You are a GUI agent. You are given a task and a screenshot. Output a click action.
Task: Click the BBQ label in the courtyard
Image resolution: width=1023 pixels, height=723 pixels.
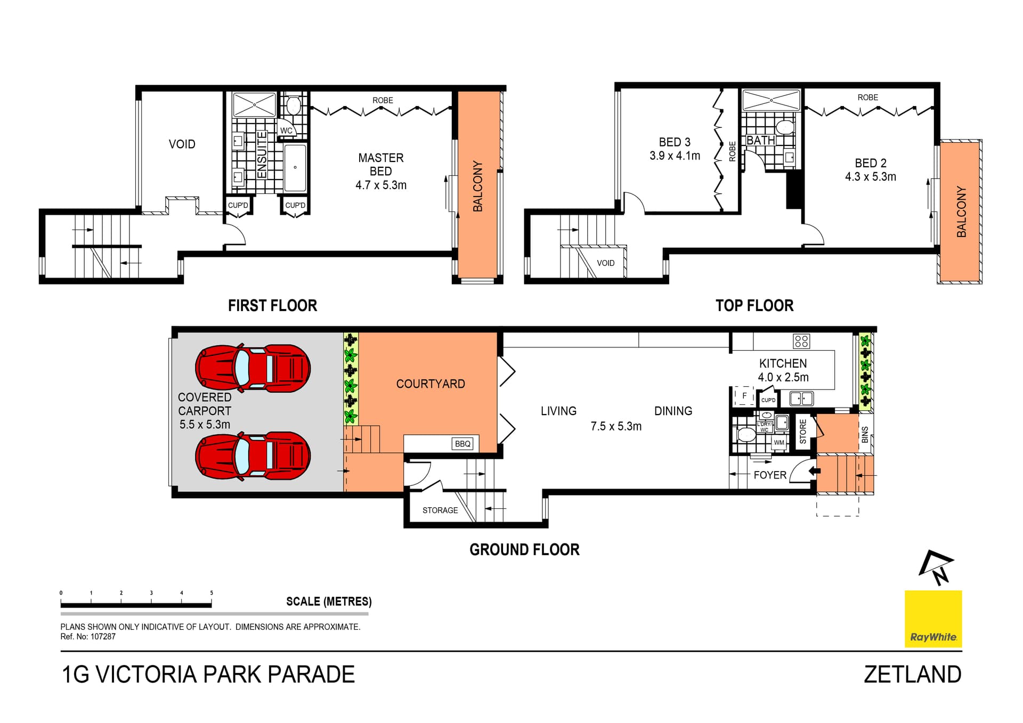pos(462,443)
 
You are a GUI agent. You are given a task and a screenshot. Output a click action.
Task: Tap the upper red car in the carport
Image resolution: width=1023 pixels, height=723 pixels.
pos(253,368)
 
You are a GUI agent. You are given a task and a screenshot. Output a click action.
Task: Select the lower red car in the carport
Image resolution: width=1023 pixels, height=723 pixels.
pos(253,456)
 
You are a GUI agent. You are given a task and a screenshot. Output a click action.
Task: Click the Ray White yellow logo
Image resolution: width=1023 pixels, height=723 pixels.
pos(933,619)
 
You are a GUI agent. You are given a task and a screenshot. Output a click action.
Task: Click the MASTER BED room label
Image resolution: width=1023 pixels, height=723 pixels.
pos(380,164)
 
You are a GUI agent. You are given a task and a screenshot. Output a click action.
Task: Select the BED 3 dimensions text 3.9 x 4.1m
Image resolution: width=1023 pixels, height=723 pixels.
pos(675,156)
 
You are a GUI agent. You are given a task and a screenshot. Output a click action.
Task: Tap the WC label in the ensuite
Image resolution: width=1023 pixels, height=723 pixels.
pos(286,131)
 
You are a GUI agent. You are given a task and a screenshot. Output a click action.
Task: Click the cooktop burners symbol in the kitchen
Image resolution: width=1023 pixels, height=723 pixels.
pos(801,341)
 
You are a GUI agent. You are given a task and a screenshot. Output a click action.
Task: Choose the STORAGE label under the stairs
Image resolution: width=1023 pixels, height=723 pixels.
pos(440,510)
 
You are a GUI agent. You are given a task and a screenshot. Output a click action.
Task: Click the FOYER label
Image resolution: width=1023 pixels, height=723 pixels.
pos(770,475)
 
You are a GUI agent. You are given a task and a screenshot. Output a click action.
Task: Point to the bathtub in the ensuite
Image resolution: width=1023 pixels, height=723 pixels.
pos(295,167)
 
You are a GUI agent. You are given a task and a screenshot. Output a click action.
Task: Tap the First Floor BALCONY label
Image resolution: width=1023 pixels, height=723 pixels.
pos(478,186)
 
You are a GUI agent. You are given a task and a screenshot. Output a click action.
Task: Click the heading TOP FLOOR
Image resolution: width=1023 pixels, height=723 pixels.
pos(754,305)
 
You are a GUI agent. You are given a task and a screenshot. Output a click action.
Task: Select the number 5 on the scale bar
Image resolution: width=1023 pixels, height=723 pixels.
pos(212,592)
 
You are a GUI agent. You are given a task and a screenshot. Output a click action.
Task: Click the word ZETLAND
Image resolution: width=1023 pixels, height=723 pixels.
pos(912,675)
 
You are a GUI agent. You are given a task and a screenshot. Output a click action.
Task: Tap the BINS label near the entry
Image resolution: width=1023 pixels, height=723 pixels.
pos(865,434)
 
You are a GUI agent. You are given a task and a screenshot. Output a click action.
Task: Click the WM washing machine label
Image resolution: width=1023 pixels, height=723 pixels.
pos(779,442)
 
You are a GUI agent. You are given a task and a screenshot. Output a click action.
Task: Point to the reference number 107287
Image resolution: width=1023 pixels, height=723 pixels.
pos(103,637)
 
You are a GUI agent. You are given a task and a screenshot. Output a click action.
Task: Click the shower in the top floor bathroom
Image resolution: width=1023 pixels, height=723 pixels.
pos(771,101)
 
